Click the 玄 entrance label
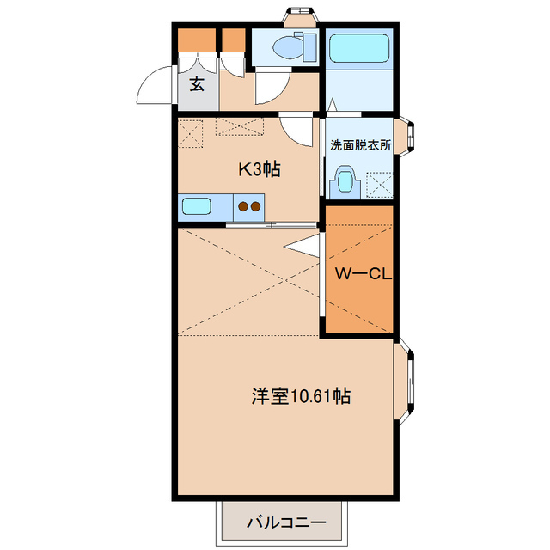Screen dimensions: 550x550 coord(197,84)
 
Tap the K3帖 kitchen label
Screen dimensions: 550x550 coord(259,168)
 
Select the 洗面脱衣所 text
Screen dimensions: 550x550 coord(361,145)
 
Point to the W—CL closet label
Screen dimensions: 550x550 coord(364,275)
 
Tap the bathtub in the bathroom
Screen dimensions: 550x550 coord(360,48)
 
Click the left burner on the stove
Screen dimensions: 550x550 coord(243,206)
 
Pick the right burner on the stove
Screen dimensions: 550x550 coord(256,206)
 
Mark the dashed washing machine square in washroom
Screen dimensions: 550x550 coord(378,185)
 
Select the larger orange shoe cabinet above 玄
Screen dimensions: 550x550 coord(197,40)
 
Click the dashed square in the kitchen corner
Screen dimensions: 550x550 coord(191,134)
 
